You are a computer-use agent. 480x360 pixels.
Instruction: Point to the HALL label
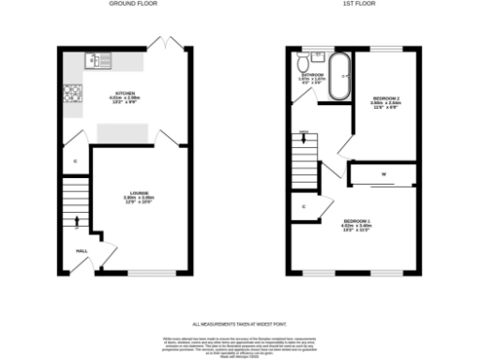pos(82,250)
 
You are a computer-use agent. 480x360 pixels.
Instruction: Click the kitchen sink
pos(96,61)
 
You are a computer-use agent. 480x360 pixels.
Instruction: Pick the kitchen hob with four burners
pos(71,94)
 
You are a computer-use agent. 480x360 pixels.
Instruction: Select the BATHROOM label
pos(312,74)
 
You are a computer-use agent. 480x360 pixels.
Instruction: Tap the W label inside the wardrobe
pos(383,174)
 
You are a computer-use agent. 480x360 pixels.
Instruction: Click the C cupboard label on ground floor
pos(75,161)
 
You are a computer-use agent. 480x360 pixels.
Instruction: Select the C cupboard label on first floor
pos(304,205)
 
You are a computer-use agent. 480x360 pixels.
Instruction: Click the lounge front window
pos(138,273)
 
